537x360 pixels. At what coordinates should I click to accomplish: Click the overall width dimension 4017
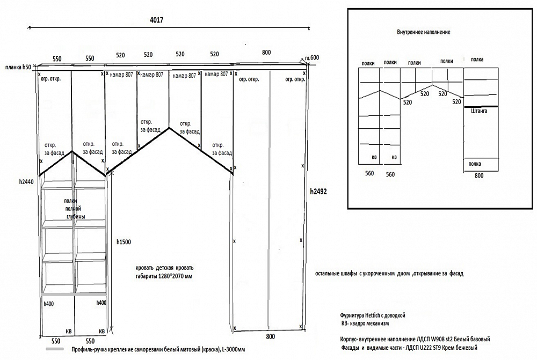[x=156, y=20]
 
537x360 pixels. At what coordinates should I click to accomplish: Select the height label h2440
[x=26, y=182]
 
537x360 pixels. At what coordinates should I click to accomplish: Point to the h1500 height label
[x=125, y=242]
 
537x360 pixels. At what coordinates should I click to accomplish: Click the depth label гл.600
[x=311, y=58]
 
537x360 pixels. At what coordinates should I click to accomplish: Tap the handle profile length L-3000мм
[x=228, y=349]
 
